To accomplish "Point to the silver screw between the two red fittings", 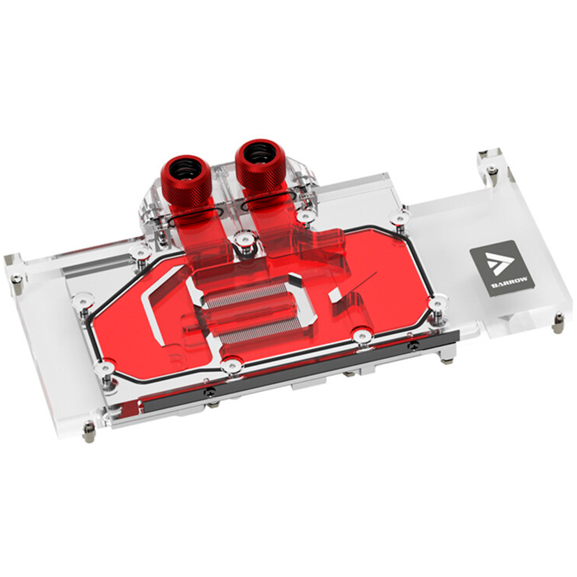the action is click(244, 241).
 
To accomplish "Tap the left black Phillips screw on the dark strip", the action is click(210, 393).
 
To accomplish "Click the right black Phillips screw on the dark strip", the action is click(414, 345).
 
